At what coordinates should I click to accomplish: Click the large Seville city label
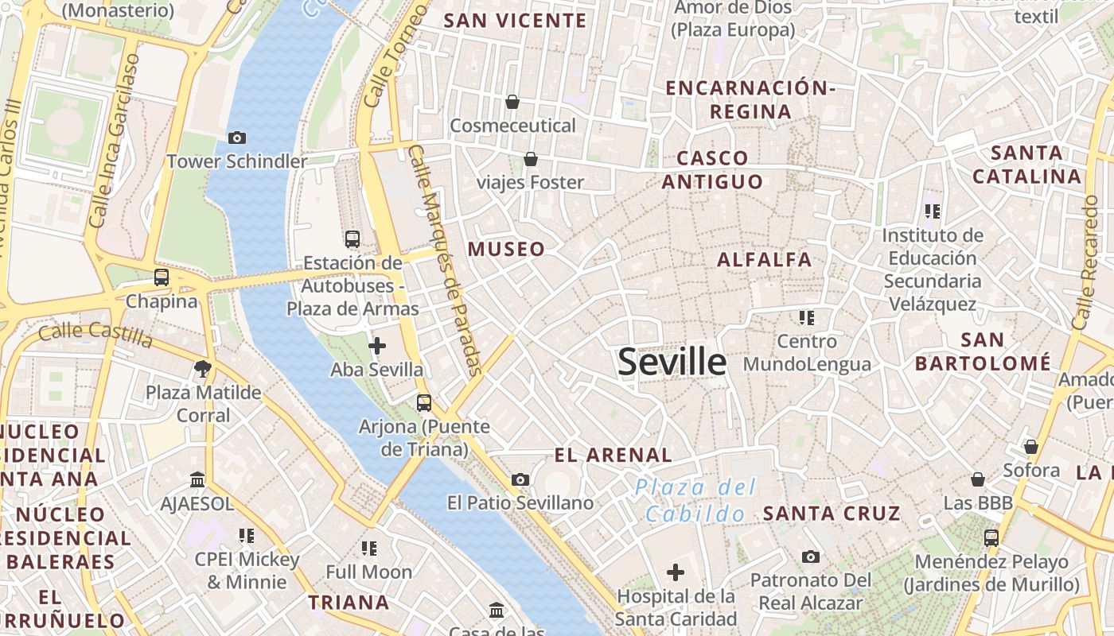point(672,362)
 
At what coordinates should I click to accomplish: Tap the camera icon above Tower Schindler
point(236,138)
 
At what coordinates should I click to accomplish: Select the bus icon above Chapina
point(162,277)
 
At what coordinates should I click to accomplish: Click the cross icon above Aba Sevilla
point(377,346)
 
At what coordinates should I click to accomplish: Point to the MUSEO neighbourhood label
point(507,249)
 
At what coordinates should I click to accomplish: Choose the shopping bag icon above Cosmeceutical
point(512,102)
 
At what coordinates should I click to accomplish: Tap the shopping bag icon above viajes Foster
point(531,159)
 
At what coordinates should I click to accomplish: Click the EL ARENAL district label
point(613,456)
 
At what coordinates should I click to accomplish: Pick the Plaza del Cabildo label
point(695,501)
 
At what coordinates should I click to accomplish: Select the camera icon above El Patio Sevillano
point(520,479)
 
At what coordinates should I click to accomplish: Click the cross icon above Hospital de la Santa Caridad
point(676,572)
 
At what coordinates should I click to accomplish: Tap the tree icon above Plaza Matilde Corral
point(203,369)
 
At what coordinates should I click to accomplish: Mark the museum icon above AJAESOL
point(197,480)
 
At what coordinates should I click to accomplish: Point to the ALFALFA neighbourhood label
point(765,260)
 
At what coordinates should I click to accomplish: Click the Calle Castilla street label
point(95,334)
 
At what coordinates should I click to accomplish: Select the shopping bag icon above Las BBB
point(978,479)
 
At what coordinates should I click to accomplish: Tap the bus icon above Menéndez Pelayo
point(991,537)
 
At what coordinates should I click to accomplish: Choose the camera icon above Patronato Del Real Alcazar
point(811,556)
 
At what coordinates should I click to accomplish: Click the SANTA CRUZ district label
point(832,514)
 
